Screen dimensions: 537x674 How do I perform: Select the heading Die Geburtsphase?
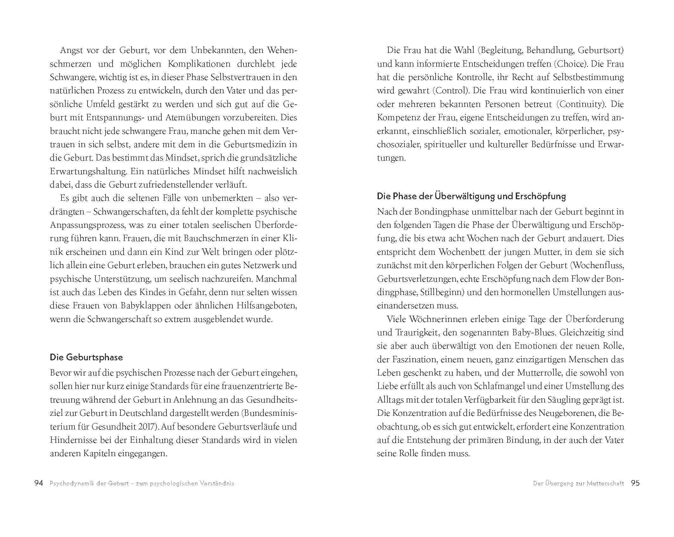pyautogui.click(x=86, y=357)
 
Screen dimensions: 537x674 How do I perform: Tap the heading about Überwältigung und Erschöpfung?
pyautogui.click(x=471, y=196)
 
